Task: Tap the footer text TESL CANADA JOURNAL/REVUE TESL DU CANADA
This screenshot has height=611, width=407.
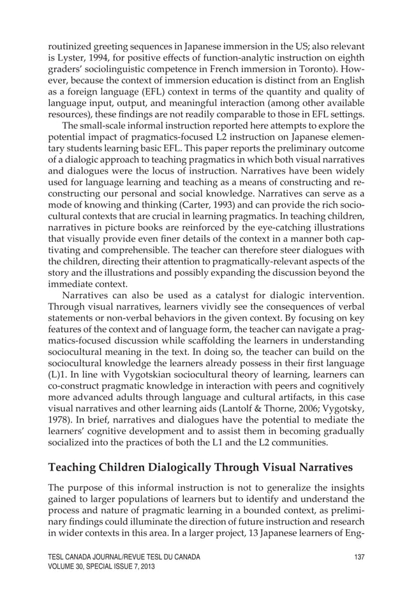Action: pos(124,557)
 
